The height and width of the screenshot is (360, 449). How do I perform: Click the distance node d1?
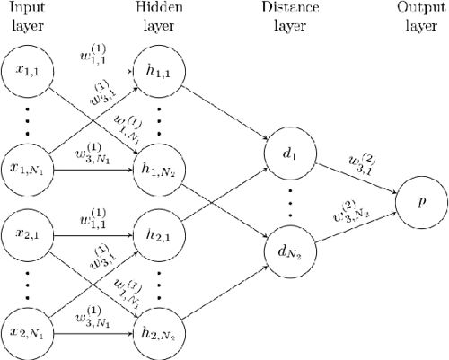[x=290, y=153]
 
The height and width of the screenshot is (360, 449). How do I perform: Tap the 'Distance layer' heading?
[x=290, y=16]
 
